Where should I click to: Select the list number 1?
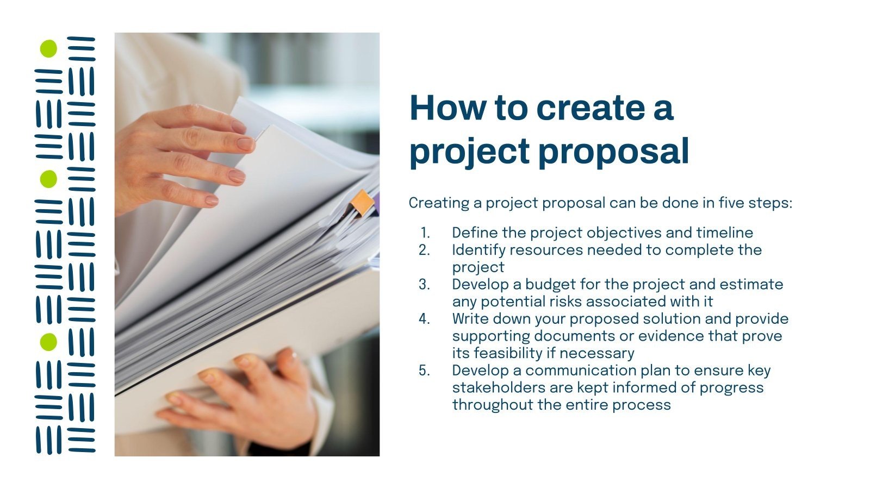click(x=425, y=233)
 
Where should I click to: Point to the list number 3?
click(x=424, y=285)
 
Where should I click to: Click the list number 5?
click(x=424, y=371)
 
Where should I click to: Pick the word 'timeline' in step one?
click(x=724, y=233)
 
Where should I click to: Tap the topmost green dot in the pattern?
click(x=48, y=48)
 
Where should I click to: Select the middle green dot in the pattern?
click(x=48, y=179)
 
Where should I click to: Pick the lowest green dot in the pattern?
click(x=48, y=342)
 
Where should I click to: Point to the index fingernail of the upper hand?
click(x=245, y=144)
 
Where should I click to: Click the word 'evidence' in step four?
click(x=671, y=336)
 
